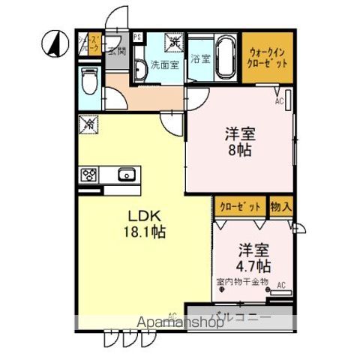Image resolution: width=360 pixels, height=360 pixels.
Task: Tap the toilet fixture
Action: pos(90,79)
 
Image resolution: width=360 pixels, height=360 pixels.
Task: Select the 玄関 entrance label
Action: pos(116,51)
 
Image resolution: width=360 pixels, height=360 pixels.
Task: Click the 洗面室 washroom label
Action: pos(164,64)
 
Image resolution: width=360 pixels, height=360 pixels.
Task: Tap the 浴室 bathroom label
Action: pos(199,58)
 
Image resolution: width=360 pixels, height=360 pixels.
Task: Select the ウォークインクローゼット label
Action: pos(267,58)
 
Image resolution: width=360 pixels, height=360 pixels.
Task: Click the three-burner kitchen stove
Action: pos(89,175)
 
